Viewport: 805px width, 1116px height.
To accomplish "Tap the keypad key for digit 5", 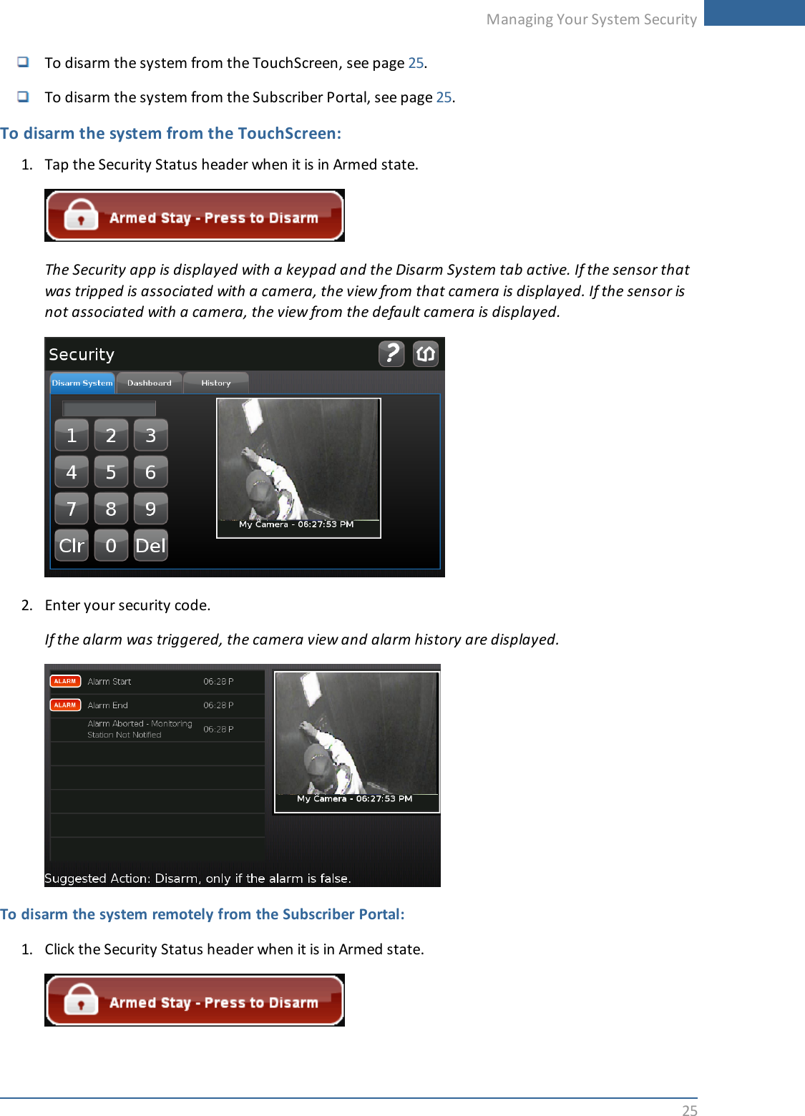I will coord(111,472).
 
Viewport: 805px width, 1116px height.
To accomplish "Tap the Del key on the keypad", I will coord(150,546).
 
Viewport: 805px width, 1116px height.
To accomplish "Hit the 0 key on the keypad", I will coord(111,546).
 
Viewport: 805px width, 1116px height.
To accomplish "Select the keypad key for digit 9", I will coord(150,509).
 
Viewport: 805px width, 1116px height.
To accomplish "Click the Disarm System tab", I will coord(82,383).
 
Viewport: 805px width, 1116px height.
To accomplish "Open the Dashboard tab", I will coord(149,383).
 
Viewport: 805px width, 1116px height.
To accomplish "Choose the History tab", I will coord(215,383).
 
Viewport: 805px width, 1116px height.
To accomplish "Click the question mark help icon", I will coord(391,353).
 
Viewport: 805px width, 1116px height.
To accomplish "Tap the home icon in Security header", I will coord(426,353).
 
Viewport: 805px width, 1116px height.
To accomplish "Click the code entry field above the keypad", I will coord(109,408).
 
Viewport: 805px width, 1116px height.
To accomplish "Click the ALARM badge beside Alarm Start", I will coord(65,681).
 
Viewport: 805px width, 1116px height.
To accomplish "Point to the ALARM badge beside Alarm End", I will coord(65,705).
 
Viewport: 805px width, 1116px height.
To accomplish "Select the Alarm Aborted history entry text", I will coord(140,729).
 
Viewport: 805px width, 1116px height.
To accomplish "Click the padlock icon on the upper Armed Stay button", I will coord(81,215).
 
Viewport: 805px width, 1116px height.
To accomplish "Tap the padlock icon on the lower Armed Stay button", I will coord(81,999).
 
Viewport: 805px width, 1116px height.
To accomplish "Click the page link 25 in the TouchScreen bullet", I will coord(416,63).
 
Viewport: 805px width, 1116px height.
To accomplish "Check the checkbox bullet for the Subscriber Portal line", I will coord(24,96).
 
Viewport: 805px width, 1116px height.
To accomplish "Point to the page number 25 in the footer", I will coord(689,1110).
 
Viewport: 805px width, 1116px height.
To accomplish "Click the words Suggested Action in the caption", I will coord(97,878).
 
